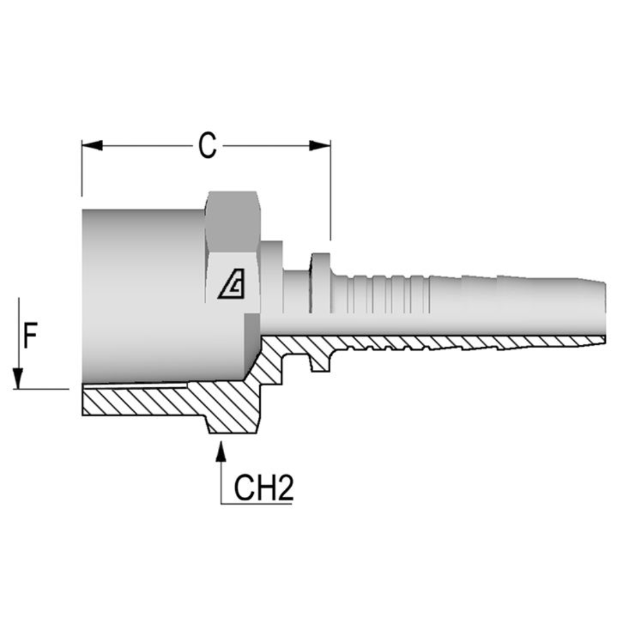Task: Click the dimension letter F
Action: click(30, 337)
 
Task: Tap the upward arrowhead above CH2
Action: click(221, 452)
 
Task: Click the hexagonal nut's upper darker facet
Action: click(232, 221)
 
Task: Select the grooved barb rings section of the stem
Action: click(384, 294)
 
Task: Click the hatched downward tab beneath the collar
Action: click(320, 362)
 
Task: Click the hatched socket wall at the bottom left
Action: click(134, 402)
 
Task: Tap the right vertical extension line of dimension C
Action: click(331, 192)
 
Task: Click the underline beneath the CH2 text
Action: click(256, 504)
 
